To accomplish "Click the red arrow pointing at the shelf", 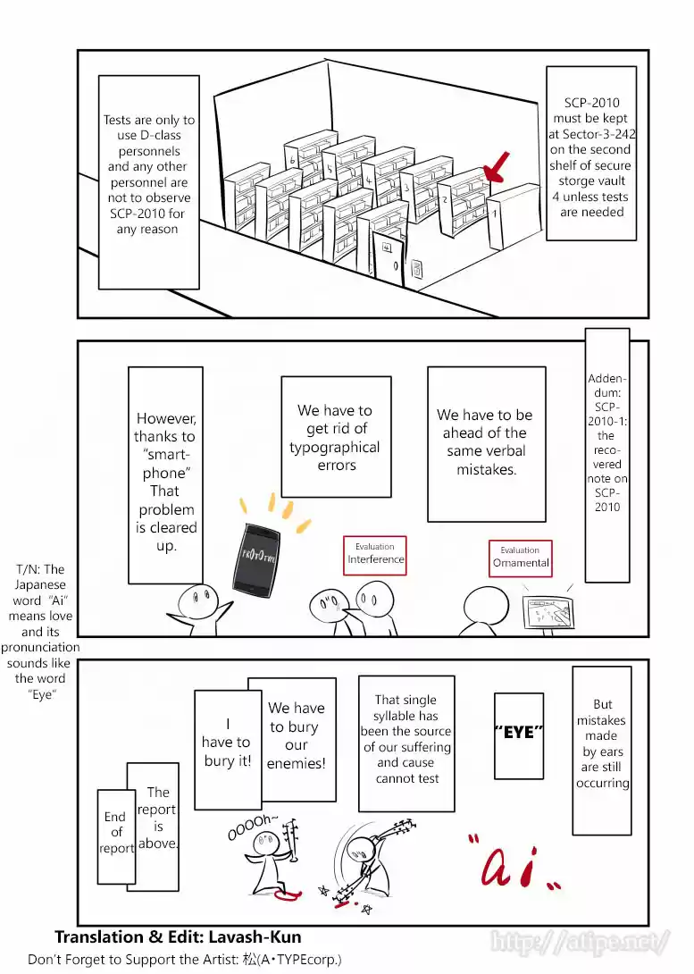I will pos(495,167).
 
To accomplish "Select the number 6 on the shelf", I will pos(293,161).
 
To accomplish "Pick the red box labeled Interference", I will pos(375,554).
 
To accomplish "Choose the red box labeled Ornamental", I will pos(521,558).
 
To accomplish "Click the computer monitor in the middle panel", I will pos(547,613).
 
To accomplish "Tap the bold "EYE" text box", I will pos(519,734).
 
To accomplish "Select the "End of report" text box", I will pos(115,832).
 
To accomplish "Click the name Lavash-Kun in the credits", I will pos(253,937).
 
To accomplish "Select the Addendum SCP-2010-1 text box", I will pos(607,442).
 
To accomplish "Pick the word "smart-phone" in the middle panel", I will pos(166,464).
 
